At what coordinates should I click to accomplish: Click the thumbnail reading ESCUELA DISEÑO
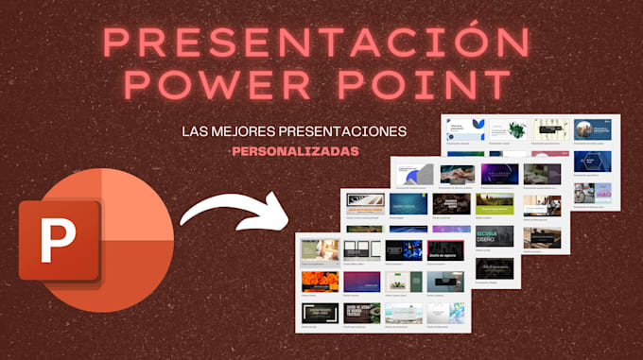pos(492,236)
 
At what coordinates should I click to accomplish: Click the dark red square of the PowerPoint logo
pos(60,240)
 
